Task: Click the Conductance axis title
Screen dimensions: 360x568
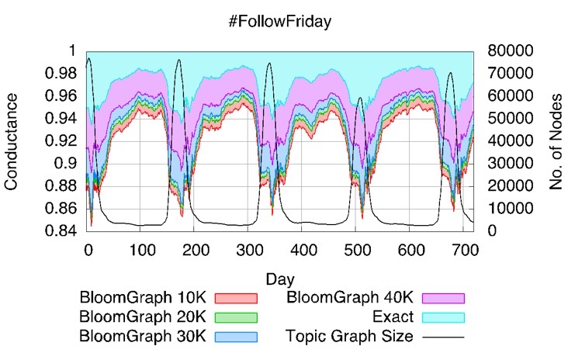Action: (x=12, y=140)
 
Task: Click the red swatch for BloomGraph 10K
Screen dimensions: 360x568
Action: (x=236, y=298)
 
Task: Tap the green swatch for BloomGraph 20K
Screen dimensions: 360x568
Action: (x=236, y=317)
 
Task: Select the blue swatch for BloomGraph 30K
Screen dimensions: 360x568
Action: (x=236, y=337)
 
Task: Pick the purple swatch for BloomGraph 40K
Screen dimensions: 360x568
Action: (x=443, y=298)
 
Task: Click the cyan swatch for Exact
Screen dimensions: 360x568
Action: (x=443, y=317)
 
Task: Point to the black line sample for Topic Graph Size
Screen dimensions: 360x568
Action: (x=443, y=337)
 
